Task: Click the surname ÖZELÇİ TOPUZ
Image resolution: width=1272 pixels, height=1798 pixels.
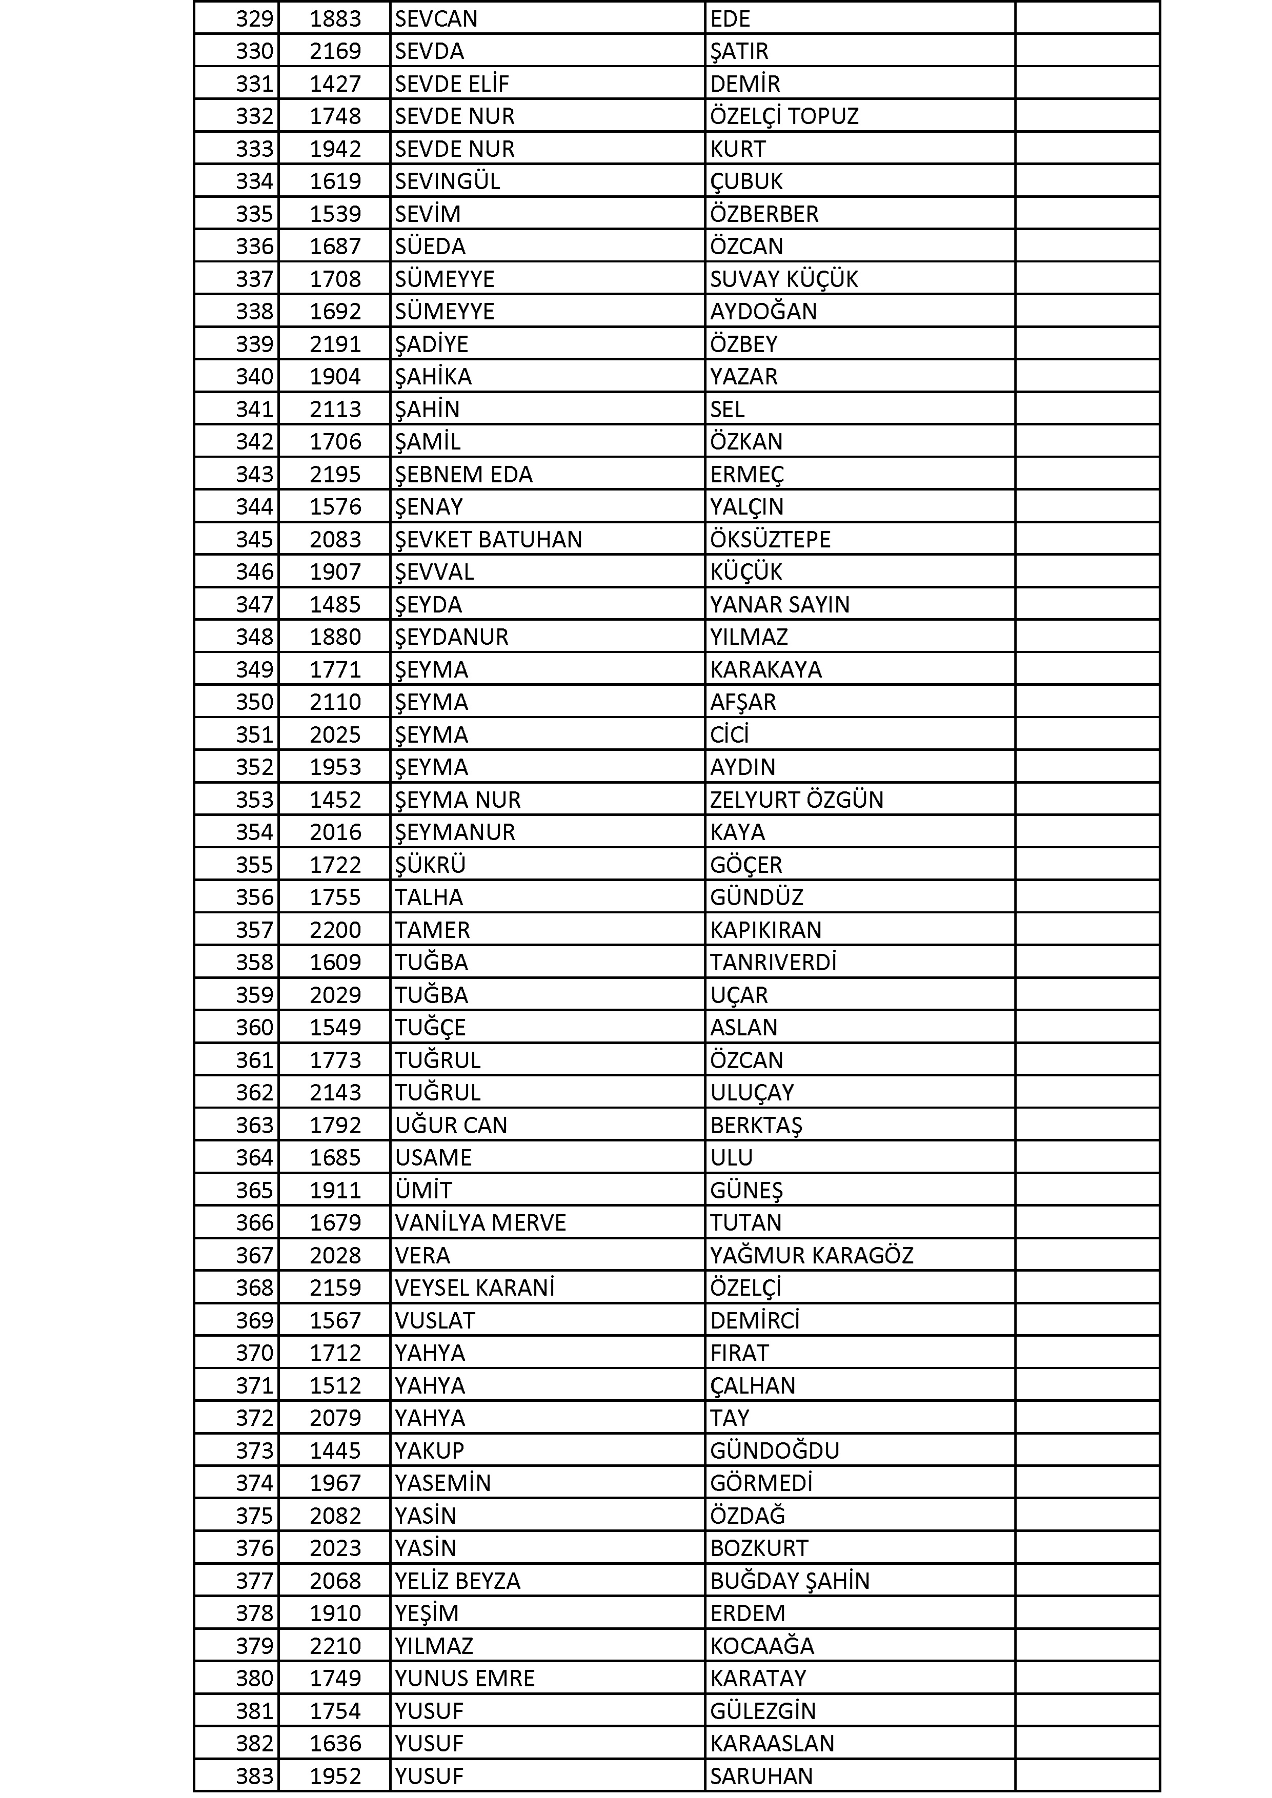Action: (784, 116)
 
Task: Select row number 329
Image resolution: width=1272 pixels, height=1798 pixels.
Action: (255, 18)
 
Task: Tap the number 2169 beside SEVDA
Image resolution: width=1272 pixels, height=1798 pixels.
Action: (335, 51)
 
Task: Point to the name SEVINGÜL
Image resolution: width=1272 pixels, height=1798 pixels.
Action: (447, 181)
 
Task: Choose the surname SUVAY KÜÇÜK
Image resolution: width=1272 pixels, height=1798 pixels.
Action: (784, 279)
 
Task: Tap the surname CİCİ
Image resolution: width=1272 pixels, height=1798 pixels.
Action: (729, 734)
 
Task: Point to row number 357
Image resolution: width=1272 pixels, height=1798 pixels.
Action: (255, 930)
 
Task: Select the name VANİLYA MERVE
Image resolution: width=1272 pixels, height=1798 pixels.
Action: (480, 1222)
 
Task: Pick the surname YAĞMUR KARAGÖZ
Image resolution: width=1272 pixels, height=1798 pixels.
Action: (812, 1255)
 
